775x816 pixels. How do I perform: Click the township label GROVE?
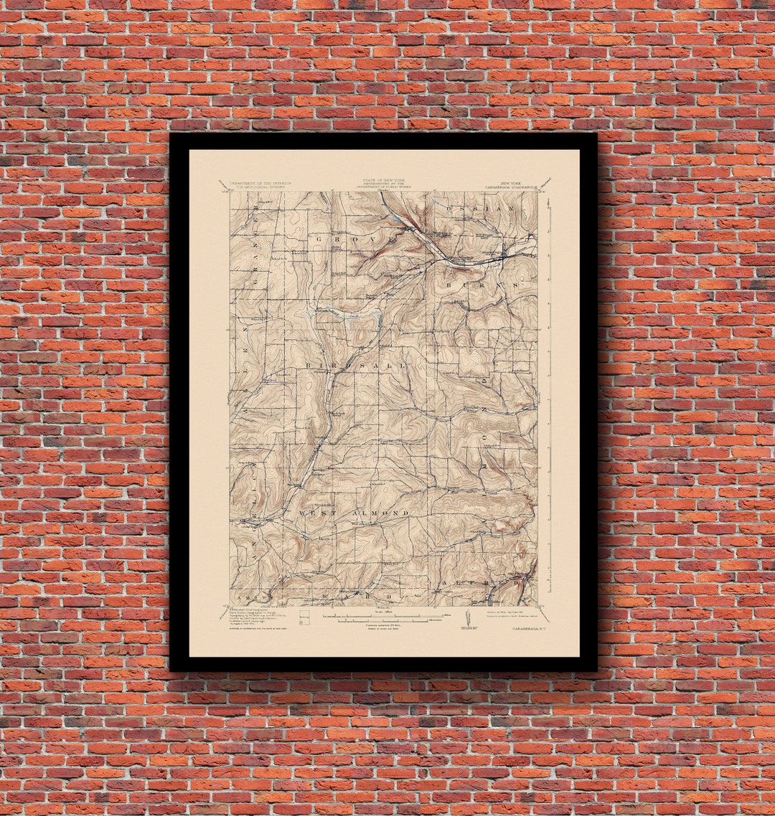[352, 239]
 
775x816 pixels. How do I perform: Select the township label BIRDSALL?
[356, 366]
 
